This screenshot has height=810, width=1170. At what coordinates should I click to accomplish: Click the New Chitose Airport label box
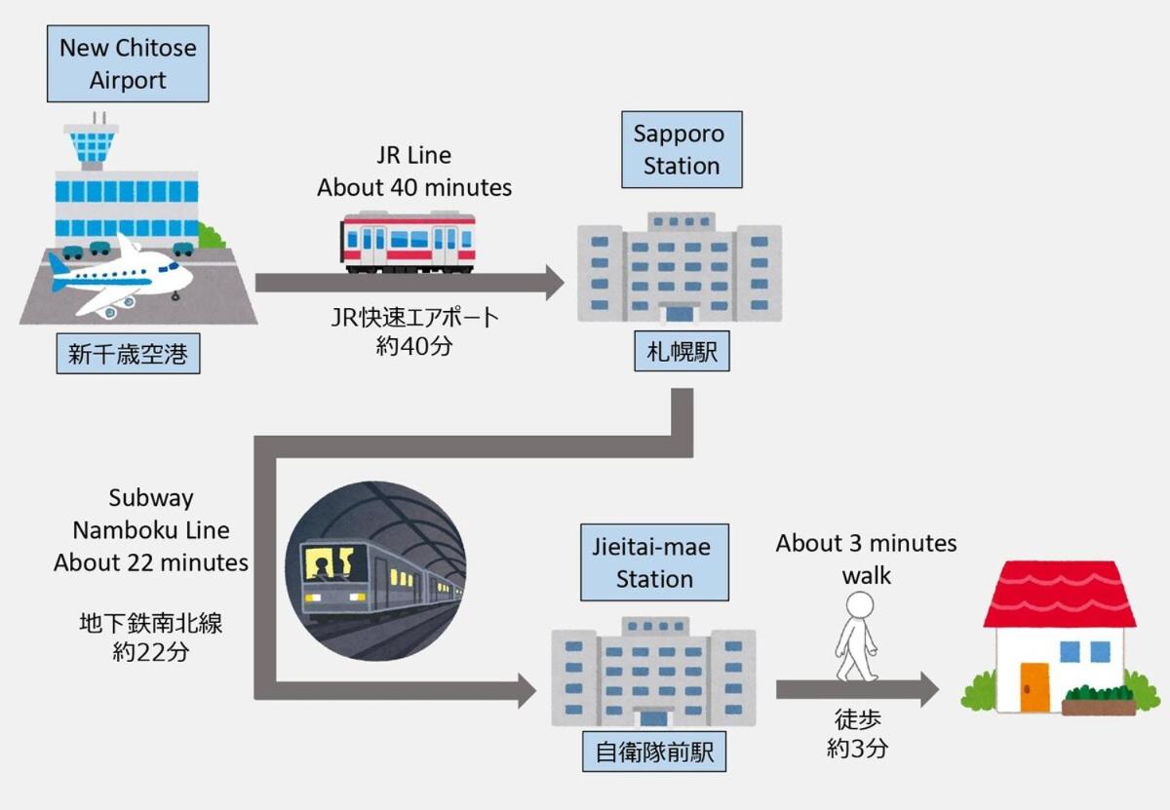click(128, 64)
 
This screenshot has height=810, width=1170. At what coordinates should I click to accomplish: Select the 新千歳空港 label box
click(128, 356)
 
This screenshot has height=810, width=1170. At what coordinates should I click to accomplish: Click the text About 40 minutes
click(414, 187)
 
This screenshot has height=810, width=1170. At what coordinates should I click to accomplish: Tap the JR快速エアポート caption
click(414, 317)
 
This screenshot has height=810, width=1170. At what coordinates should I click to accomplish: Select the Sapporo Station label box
click(682, 150)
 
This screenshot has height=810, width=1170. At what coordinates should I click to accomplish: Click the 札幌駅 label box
click(682, 352)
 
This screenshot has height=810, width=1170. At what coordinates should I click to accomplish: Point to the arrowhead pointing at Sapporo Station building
click(553, 283)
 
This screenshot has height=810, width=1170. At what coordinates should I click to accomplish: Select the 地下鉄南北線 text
click(151, 623)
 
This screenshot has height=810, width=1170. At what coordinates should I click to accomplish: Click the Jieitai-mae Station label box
click(654, 563)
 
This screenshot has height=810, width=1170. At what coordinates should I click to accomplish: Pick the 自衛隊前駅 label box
click(654, 752)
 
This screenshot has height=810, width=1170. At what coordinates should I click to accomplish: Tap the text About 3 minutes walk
click(866, 559)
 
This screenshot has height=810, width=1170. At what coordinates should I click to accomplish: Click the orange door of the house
click(1034, 686)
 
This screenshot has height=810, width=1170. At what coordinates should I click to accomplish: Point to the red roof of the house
click(1060, 594)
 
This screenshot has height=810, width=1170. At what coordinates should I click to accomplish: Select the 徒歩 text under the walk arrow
click(859, 720)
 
